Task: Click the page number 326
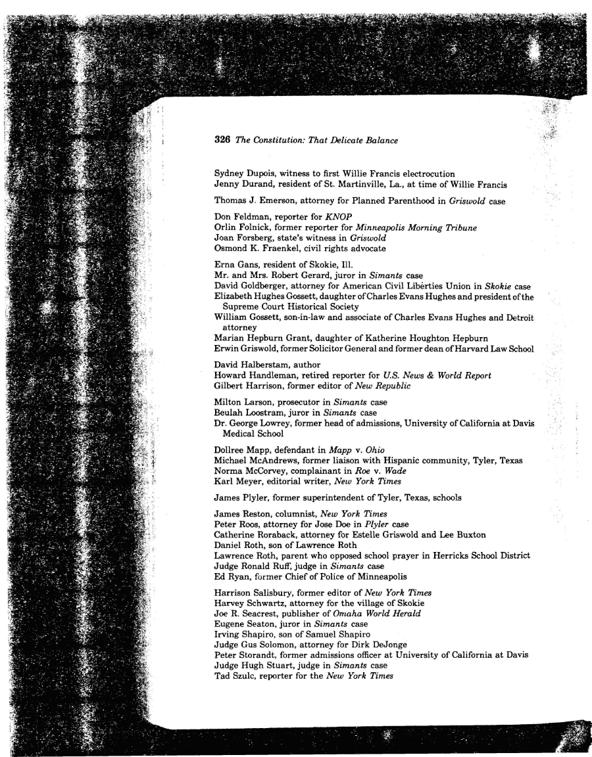click(222, 140)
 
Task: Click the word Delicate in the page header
click(337, 140)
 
